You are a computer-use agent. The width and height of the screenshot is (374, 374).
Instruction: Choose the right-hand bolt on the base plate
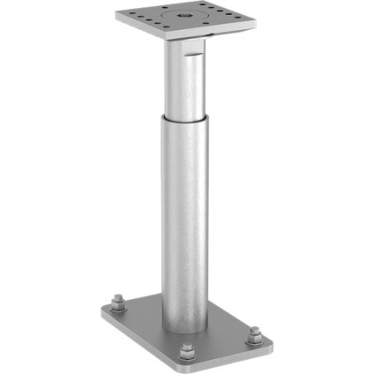pyautogui.click(x=253, y=335)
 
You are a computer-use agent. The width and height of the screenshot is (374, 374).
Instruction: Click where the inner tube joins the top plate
pyautogui.click(x=185, y=42)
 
